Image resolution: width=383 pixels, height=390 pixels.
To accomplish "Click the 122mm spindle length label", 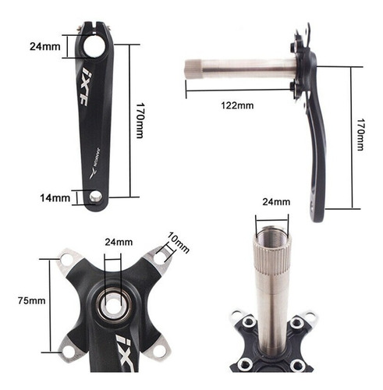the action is pyautogui.click(x=237, y=105).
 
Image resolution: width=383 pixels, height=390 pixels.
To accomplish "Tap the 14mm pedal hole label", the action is pyautogui.click(x=55, y=198).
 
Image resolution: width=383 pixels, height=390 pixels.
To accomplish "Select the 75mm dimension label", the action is pyautogui.click(x=31, y=300).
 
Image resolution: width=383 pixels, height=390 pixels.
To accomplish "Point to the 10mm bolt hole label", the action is pyautogui.click(x=178, y=242).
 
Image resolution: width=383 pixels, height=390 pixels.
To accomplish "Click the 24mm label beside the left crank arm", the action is pyautogui.click(x=45, y=47).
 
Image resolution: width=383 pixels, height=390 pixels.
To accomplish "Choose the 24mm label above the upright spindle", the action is pyautogui.click(x=276, y=202).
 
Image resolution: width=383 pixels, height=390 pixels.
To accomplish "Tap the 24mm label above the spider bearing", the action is pyautogui.click(x=119, y=242).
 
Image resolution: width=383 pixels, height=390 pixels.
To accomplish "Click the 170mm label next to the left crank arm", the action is pyautogui.click(x=140, y=120).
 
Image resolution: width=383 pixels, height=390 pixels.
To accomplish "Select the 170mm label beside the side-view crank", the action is pyautogui.click(x=360, y=135).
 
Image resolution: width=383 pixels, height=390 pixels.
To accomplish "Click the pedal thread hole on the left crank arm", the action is pyautogui.click(x=95, y=197).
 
